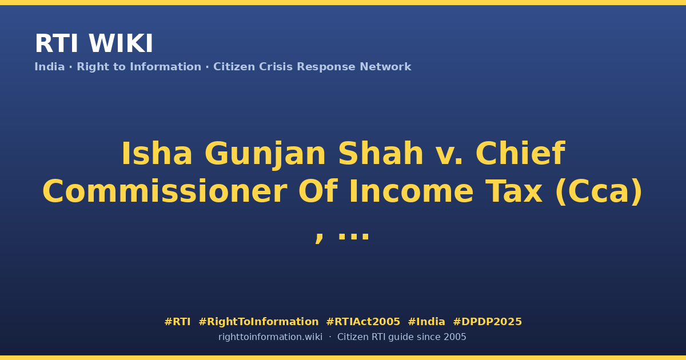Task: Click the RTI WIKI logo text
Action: tap(94, 43)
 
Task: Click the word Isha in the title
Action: tap(157, 153)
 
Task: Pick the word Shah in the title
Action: tap(381, 153)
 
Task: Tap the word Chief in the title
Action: tap(520, 153)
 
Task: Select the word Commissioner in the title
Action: tap(165, 191)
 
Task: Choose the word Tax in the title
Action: tap(514, 191)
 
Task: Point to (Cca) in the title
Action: tap(599, 192)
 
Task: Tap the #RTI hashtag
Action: tap(177, 322)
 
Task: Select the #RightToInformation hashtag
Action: tap(258, 322)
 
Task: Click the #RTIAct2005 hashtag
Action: tap(363, 322)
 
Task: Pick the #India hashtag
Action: tap(426, 322)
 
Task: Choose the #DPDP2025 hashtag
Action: tap(487, 322)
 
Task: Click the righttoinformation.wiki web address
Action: tap(270, 337)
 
